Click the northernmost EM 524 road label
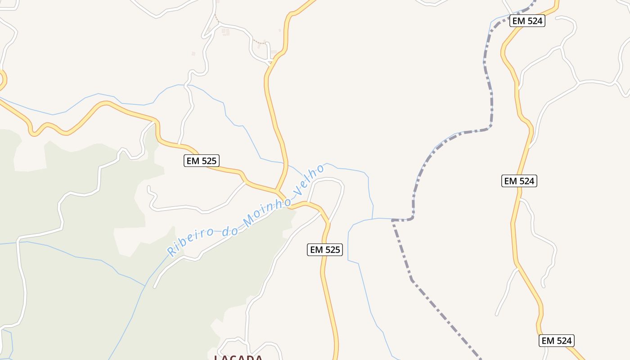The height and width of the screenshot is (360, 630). tap(527, 21)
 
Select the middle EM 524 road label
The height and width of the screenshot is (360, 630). tap(519, 181)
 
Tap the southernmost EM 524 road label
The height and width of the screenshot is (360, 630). tap(557, 341)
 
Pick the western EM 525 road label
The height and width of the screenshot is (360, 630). tap(201, 161)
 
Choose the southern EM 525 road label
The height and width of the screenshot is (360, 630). tap(325, 250)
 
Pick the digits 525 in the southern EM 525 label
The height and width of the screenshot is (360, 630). tap(332, 250)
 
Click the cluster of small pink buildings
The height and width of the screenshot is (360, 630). tap(225, 32)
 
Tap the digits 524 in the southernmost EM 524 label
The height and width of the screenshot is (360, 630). tap(564, 341)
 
